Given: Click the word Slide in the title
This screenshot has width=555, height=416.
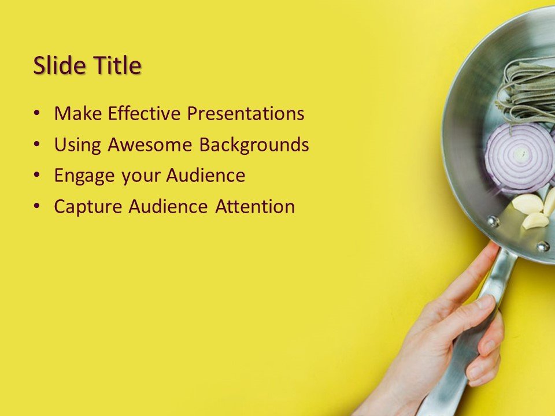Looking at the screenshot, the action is click(x=60, y=65).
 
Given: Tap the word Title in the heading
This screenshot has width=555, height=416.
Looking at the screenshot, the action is click(x=117, y=65).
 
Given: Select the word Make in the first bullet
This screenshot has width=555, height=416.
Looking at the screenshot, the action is click(x=77, y=113).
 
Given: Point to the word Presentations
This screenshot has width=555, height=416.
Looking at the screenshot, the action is click(x=246, y=113).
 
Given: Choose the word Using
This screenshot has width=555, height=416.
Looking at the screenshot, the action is click(x=77, y=144).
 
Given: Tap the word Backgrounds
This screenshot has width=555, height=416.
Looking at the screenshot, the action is click(x=254, y=144).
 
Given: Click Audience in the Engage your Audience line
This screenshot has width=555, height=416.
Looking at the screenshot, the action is click(x=206, y=175).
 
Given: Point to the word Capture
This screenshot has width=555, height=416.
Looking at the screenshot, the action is click(x=88, y=207).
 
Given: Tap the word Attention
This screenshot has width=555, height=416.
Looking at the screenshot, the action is click(x=255, y=206).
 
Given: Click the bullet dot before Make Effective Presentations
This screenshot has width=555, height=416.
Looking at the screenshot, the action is click(x=37, y=114).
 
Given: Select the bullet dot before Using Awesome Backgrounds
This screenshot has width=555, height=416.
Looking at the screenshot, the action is click(x=37, y=145).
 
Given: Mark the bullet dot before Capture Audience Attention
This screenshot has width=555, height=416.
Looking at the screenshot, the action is click(x=37, y=207).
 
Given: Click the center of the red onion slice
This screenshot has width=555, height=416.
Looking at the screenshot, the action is click(x=520, y=154).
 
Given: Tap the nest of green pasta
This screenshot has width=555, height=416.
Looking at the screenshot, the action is click(x=526, y=92).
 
